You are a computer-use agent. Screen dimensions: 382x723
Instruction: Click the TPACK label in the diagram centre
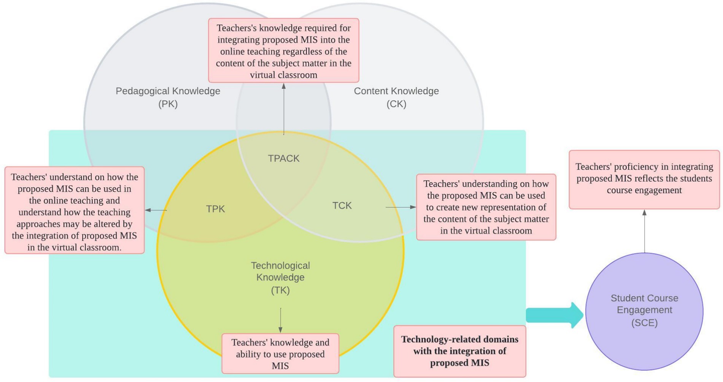point(283,158)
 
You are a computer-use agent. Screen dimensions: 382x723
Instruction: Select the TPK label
point(215,209)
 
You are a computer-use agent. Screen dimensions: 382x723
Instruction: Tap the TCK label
point(342,205)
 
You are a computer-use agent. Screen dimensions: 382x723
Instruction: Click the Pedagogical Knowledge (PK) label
point(168,97)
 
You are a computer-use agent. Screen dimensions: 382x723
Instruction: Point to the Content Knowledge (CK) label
point(396,97)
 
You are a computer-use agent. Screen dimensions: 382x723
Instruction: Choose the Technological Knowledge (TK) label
point(280,278)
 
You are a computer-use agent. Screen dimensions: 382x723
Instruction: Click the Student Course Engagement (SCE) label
point(644,310)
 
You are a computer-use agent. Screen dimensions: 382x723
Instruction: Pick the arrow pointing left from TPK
point(156,210)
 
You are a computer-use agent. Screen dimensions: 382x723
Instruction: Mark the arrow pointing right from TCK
point(401,207)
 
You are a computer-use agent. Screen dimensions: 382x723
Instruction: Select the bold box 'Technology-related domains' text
point(459,351)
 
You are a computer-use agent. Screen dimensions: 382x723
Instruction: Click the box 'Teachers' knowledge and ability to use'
point(280,354)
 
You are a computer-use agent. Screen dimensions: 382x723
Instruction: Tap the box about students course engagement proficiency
point(644,178)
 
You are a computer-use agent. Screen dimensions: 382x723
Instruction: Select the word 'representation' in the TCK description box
point(514,207)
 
